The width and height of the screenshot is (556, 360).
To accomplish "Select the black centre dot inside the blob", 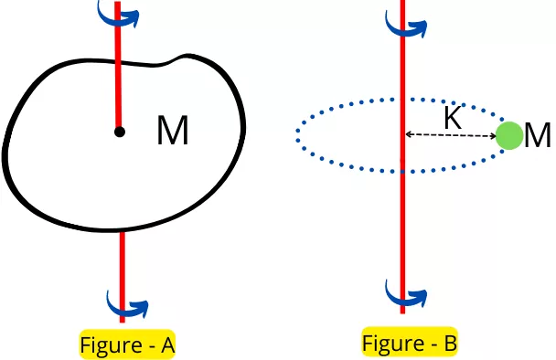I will click(119, 132).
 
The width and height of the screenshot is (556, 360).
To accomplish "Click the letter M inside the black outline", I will click(172, 132).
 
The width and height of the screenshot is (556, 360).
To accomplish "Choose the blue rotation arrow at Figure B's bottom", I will click(403, 294).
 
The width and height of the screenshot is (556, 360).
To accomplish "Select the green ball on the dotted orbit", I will click(509, 136).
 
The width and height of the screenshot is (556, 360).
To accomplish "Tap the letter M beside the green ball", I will click(538, 136).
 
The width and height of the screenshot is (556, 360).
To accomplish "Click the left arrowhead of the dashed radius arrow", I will click(409, 135).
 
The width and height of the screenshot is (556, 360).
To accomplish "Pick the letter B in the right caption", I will click(449, 344).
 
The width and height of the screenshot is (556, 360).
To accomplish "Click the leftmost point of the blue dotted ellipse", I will click(297, 133).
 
